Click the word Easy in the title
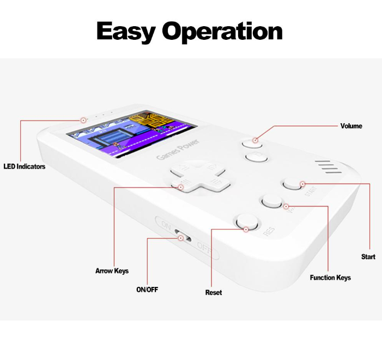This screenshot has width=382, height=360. [127, 31]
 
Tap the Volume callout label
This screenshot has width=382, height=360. [351, 126]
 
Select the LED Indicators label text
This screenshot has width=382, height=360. [24, 166]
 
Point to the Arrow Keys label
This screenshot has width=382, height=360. [112, 271]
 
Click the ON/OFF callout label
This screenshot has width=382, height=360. [147, 290]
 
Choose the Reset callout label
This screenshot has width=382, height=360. [213, 293]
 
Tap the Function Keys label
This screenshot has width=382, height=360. [330, 278]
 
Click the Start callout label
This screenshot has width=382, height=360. [368, 256]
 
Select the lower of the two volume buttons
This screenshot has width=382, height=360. [254, 158]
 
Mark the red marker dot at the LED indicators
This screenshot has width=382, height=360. [83, 119]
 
